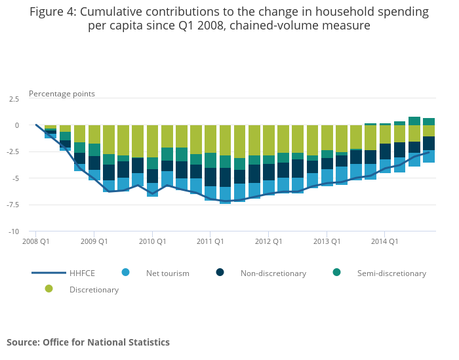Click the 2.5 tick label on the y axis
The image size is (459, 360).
coord(13,99)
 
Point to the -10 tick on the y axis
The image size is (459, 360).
coord(13,231)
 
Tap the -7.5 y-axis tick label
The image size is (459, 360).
coord(13,205)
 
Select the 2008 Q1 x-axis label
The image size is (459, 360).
coord(36,241)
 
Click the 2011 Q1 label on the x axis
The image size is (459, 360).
coord(210,241)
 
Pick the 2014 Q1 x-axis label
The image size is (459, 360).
coord(384,241)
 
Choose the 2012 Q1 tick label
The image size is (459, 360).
coord(268,241)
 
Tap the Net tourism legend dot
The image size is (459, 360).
coord(126,272)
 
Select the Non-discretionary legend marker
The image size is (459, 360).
coord(220,272)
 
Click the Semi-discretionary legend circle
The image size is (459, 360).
coord(336,272)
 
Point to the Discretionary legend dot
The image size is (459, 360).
coord(49,289)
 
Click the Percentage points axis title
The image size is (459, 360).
coord(62,94)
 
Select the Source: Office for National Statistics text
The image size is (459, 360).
coord(88,342)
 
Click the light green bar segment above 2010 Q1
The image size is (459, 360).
coord(152,141)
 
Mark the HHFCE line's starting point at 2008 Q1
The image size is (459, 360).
coord(36,125)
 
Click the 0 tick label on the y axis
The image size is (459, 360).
coord(17,125)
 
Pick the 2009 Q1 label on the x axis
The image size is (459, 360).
coord(94,241)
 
